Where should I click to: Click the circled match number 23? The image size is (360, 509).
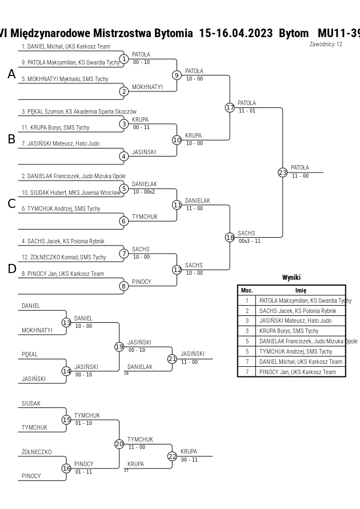pos(282,173)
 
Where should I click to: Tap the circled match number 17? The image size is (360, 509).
pos(230,107)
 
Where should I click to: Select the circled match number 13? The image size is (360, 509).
pos(66,323)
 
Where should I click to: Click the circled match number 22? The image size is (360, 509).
pos(173,456)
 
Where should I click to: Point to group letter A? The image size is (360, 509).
pos(11,74)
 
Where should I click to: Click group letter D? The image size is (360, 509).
pos(11,269)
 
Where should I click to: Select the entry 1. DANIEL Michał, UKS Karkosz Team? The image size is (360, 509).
pos(66,46)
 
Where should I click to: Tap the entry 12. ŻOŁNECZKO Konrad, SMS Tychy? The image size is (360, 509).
pos(63,258)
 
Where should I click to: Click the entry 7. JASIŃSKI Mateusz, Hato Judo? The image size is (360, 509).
pos(61,143)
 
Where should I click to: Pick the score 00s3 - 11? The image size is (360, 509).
pos(250,241)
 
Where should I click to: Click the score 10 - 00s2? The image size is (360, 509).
pos(144,192)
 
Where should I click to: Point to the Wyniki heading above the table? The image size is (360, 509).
pos(291,277)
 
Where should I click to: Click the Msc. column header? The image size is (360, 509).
pos(247,290)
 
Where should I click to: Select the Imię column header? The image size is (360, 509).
pos(301,290)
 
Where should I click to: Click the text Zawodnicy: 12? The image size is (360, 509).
pos(326,44)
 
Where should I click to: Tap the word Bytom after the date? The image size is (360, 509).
pos(294,33)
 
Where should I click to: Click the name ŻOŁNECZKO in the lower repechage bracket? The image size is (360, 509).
pos(37,452)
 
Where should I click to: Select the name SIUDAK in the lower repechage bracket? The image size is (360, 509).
pos(31,403)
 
